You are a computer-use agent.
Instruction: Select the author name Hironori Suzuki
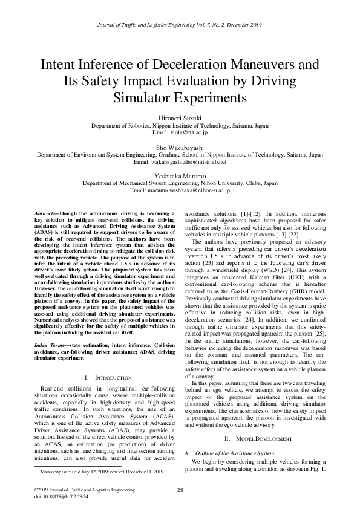point(180,119)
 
